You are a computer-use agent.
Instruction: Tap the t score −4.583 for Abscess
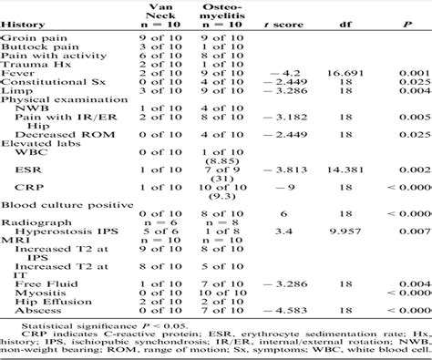coord(283,315)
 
